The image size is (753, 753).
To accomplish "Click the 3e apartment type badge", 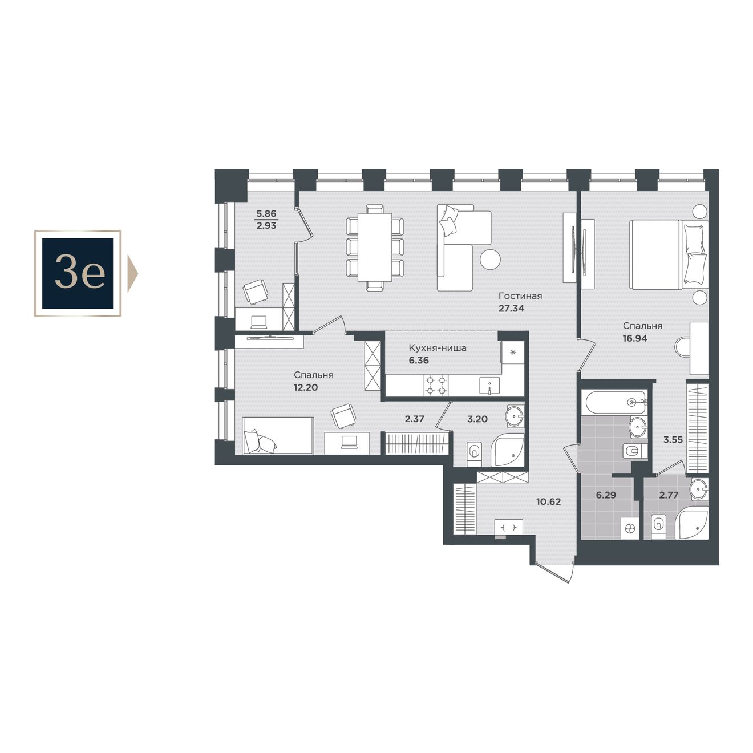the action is click(x=78, y=273).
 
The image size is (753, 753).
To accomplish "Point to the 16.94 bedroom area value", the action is click(x=635, y=338).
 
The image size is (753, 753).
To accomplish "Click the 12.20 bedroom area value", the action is click(x=306, y=388).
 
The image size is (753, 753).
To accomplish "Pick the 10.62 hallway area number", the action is click(x=549, y=501).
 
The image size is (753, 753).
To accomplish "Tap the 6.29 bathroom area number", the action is click(x=606, y=495).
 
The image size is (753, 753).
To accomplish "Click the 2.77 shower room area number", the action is click(x=669, y=495).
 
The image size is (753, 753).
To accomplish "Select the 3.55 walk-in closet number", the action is click(x=673, y=440).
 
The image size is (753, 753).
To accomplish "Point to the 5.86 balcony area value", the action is click(x=266, y=213).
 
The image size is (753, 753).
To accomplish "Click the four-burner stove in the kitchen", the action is click(x=436, y=385).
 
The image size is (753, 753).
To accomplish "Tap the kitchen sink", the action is click(x=489, y=386).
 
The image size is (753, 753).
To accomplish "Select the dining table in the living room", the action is click(x=374, y=248).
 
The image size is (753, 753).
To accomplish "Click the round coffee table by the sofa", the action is click(x=491, y=259).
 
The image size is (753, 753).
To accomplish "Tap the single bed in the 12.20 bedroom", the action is click(x=278, y=435).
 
